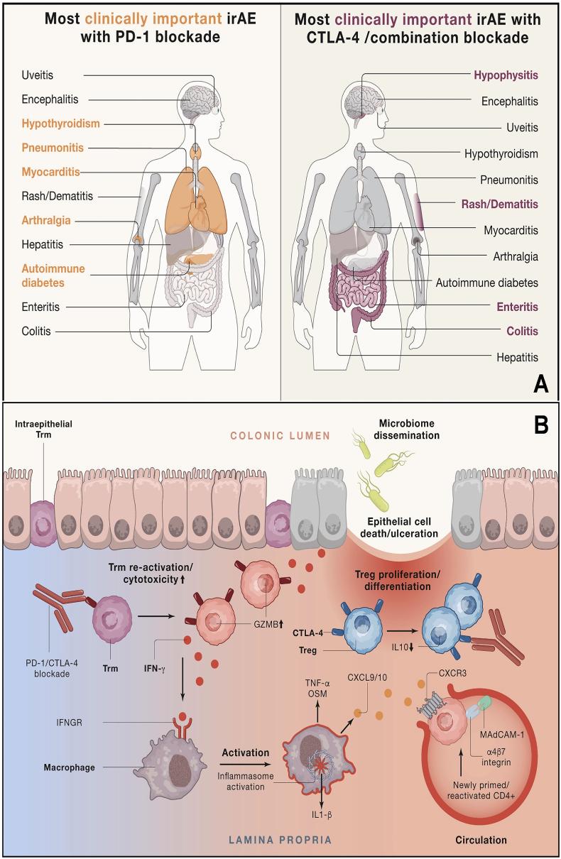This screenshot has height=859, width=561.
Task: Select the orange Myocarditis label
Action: tap(50, 171)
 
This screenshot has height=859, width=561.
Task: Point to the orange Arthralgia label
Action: tap(48, 220)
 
